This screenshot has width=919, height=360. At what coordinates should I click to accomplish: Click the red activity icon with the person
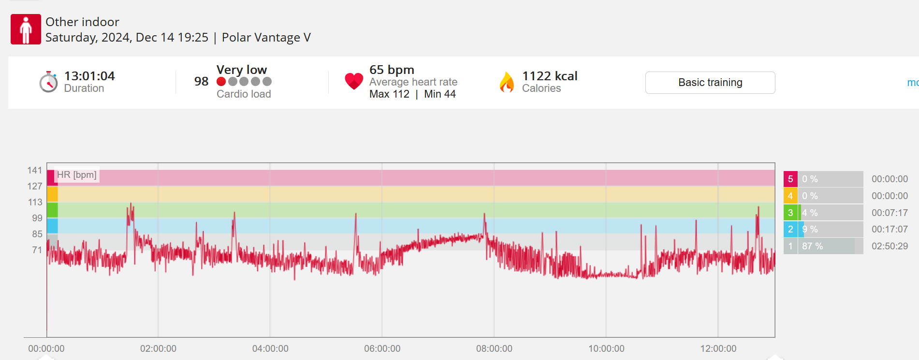coord(26,29)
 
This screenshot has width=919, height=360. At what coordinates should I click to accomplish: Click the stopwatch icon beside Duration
coord(48,82)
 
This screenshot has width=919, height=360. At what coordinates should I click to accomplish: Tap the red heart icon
coord(354,81)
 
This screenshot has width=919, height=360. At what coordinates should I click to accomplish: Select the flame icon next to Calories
coord(507,82)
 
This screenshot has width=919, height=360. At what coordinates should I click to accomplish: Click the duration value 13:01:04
coord(89,76)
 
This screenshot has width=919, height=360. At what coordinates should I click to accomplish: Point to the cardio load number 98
coord(201,81)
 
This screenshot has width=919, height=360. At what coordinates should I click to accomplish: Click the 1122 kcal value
coord(550,76)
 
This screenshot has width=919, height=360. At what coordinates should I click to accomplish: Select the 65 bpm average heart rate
coord(392,70)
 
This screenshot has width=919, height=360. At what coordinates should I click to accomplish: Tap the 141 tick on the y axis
coord(35,170)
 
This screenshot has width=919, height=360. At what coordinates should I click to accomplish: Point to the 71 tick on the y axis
coord(37,250)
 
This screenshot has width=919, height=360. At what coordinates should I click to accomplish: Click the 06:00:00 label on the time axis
coord(382,348)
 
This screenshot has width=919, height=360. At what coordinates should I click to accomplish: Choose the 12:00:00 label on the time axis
coord(718,348)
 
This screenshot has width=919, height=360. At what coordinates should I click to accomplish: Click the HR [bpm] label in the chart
coord(77,175)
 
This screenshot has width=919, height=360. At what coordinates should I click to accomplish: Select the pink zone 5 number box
coord(790,179)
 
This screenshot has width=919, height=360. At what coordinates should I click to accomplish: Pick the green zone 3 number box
coord(790,213)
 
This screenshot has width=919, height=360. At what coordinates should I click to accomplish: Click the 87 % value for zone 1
coord(812,246)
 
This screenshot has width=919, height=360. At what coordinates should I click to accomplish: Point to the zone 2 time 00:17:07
coord(890,229)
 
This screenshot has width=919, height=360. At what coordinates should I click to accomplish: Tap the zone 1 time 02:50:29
coord(890,246)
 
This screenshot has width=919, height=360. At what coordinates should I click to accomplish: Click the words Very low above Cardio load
coord(242,70)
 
